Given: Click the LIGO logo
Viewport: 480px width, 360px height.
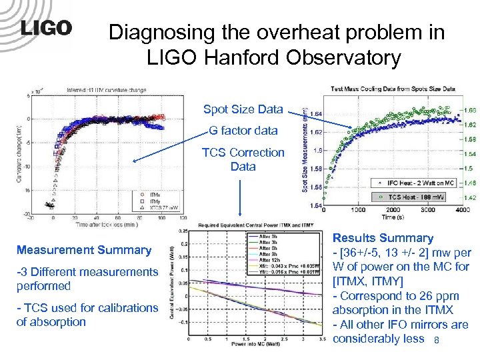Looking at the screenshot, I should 45,29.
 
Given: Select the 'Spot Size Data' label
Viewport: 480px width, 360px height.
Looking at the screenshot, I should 243,109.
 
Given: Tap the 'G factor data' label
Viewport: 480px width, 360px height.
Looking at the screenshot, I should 243,131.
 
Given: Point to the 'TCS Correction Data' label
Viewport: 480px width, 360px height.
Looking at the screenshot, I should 243,159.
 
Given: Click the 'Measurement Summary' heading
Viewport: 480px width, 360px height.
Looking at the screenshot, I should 84,250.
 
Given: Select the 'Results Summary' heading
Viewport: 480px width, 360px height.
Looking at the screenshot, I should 383,238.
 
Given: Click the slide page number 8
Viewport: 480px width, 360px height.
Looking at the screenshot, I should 436,341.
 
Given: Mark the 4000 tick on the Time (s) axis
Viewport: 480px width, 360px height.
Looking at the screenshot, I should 459,209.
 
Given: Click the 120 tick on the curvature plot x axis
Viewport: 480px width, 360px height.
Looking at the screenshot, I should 181,217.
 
